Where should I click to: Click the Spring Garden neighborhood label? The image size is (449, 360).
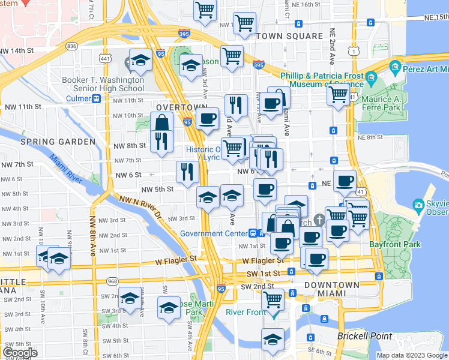58,142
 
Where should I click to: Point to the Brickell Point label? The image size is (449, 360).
364,337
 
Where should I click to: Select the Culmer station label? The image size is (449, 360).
78,98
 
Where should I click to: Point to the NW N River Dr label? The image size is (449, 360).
140,206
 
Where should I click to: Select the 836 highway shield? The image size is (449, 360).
72,46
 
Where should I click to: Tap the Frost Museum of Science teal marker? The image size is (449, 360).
371,77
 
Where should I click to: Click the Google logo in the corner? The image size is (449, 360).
20,353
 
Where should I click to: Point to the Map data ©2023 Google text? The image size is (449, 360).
412,355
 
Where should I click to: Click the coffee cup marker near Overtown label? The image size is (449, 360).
208,118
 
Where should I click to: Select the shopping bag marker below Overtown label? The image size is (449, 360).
162,122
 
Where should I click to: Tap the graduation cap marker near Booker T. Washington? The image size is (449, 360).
140,60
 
